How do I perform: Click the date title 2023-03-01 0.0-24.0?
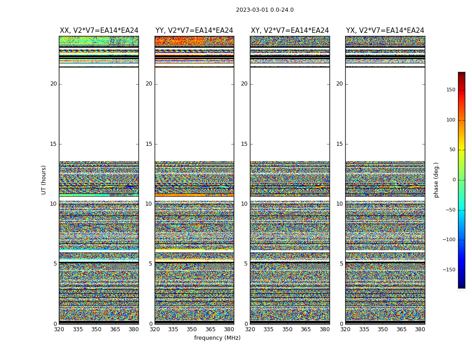tap(265, 10)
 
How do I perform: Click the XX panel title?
tap(99, 31)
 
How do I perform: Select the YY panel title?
tap(194, 31)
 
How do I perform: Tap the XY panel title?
tap(289, 31)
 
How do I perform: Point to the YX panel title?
tap(385, 31)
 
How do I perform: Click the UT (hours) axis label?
tap(44, 180)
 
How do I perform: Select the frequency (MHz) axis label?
tap(217, 338)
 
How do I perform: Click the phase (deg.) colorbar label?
tap(436, 180)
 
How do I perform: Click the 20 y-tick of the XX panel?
tap(53, 84)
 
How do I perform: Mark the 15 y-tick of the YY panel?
tap(149, 144)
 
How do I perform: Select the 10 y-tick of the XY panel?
tap(244, 204)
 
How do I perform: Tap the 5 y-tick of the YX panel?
tap(341, 264)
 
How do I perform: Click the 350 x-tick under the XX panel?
tap(96, 329)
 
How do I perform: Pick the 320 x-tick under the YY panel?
tap(155, 329)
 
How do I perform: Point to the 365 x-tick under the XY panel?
tap(306, 329)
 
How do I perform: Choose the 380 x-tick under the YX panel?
tap(420, 329)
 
